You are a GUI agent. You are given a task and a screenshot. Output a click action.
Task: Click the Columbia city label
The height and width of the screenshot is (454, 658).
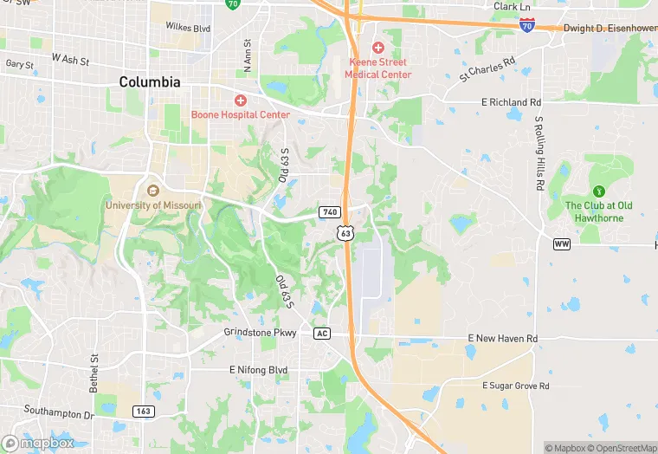point(150,82)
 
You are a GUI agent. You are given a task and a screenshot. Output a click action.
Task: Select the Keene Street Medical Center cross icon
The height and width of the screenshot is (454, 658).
point(377,47)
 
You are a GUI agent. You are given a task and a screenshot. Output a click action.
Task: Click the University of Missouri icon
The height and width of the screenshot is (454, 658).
point(153,191)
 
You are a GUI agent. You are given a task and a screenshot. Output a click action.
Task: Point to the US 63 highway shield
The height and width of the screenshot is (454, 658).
point(345,233)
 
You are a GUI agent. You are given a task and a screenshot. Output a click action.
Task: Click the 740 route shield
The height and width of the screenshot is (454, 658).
point(329,212)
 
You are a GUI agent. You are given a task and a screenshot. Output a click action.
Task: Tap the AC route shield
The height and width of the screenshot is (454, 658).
point(322,333)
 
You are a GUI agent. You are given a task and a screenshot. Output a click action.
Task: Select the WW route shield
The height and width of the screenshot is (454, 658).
point(563,244)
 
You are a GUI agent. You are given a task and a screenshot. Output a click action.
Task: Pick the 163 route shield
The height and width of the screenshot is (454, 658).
point(144,411)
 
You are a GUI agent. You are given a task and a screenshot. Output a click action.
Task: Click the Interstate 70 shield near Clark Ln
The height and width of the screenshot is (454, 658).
point(526,26)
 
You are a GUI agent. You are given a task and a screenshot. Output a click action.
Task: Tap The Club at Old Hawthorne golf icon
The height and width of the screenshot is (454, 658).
point(598,191)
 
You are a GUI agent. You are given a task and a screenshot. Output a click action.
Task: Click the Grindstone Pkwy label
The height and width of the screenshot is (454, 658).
point(261,333)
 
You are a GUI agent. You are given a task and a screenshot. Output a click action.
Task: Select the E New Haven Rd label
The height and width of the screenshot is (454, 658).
point(502,338)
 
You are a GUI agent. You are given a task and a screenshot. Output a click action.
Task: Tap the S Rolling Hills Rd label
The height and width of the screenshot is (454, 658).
point(539,153)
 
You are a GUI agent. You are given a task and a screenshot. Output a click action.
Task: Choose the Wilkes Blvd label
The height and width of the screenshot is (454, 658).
point(189,28)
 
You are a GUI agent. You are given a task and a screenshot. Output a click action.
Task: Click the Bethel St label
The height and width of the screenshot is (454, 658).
point(94,371)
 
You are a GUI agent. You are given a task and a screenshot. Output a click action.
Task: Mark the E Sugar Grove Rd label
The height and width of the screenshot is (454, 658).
point(515,385)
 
